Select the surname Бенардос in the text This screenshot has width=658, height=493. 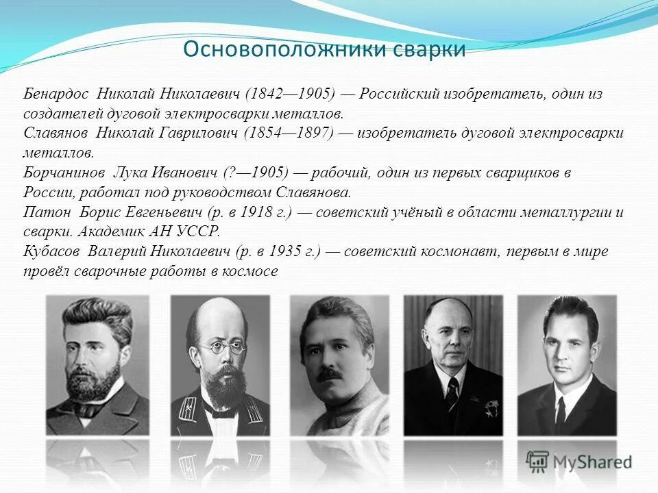[x=56, y=93]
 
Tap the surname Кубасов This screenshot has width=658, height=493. [x=51, y=251]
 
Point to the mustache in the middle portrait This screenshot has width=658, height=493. [x=331, y=374]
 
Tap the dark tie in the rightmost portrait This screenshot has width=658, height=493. [x=561, y=412]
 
